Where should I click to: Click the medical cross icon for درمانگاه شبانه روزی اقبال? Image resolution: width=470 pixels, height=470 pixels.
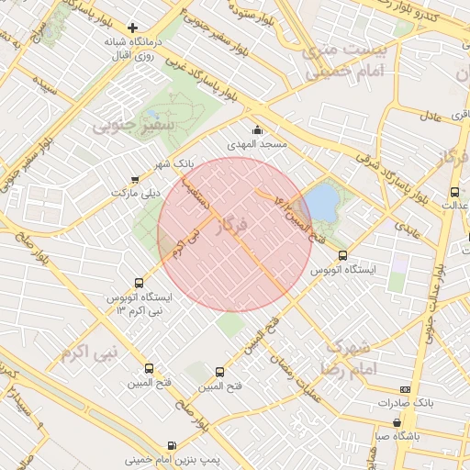point(133,28)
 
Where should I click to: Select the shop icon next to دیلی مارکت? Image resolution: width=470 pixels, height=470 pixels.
point(136,179)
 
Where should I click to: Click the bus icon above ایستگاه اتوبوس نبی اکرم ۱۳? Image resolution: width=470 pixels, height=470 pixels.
point(139,284)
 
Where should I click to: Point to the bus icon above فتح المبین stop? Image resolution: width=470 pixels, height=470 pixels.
point(218,372)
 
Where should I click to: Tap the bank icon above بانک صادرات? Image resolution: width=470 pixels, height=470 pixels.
point(407,389)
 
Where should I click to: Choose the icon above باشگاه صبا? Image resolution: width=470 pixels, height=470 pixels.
point(397,422)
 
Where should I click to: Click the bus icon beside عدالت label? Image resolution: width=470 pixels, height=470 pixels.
point(454,192)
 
